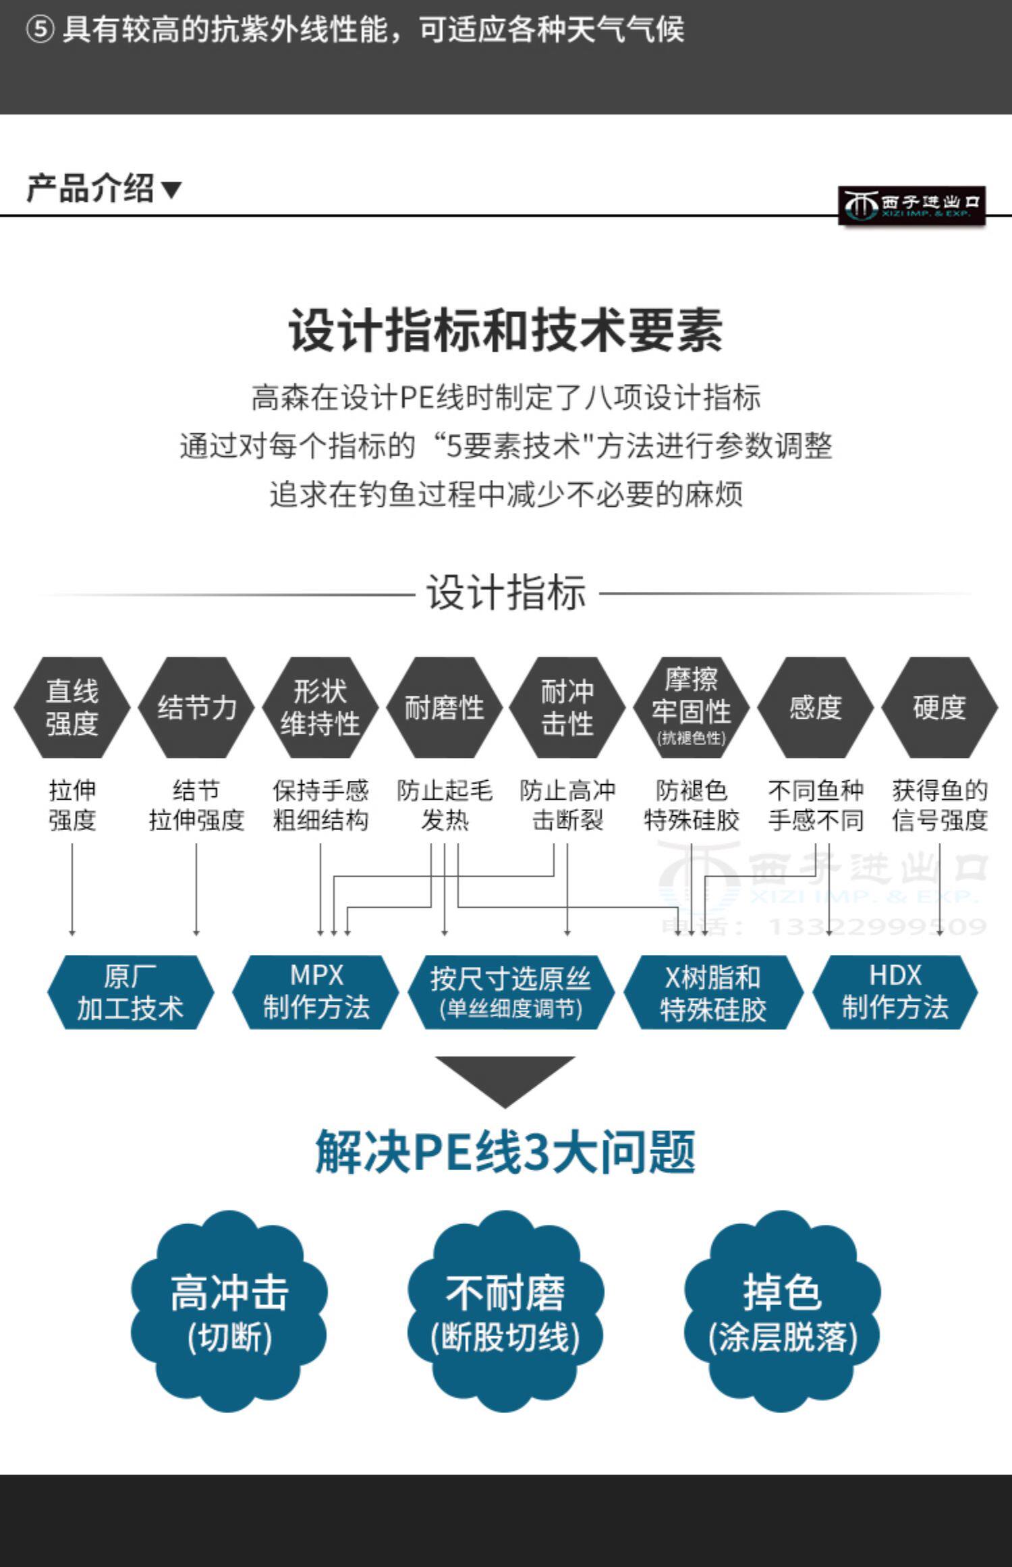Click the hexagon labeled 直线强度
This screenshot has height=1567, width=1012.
click(x=72, y=707)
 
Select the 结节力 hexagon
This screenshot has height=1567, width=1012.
click(x=196, y=707)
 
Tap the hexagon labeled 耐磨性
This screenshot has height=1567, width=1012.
click(x=444, y=707)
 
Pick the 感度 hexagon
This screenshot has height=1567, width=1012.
click(x=815, y=707)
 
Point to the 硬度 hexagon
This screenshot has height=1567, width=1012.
click(x=939, y=707)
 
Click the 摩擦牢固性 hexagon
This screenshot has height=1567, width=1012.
click(x=691, y=707)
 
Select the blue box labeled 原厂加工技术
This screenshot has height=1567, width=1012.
click(x=130, y=992)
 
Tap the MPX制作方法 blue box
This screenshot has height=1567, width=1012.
click(x=316, y=992)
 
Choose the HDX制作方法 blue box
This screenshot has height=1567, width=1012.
click(x=895, y=992)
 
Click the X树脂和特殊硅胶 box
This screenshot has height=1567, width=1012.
click(x=713, y=992)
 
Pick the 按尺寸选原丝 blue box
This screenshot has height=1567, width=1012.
click(x=511, y=992)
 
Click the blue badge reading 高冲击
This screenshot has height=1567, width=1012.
click(x=229, y=1311)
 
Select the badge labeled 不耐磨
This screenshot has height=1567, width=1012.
click(x=505, y=1311)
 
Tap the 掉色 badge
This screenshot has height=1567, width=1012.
click(x=782, y=1311)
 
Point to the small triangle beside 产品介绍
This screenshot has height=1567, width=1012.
click(x=172, y=190)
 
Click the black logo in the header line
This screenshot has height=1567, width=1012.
click(x=911, y=205)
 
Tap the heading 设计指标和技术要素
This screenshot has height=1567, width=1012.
click(x=505, y=331)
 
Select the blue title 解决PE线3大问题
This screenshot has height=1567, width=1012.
click(x=505, y=1152)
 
